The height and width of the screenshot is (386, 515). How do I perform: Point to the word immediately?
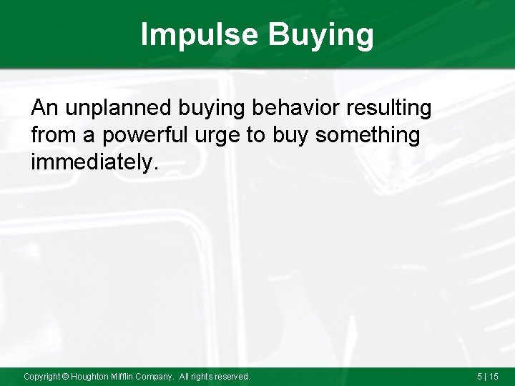click(93, 162)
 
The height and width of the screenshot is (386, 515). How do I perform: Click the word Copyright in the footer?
click(42, 376)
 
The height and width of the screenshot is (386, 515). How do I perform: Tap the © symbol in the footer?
click(66, 376)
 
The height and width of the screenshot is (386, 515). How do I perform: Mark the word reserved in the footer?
click(232, 376)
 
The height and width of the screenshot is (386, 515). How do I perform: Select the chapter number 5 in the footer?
click(479, 376)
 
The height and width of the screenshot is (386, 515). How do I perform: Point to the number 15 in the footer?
click(494, 376)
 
